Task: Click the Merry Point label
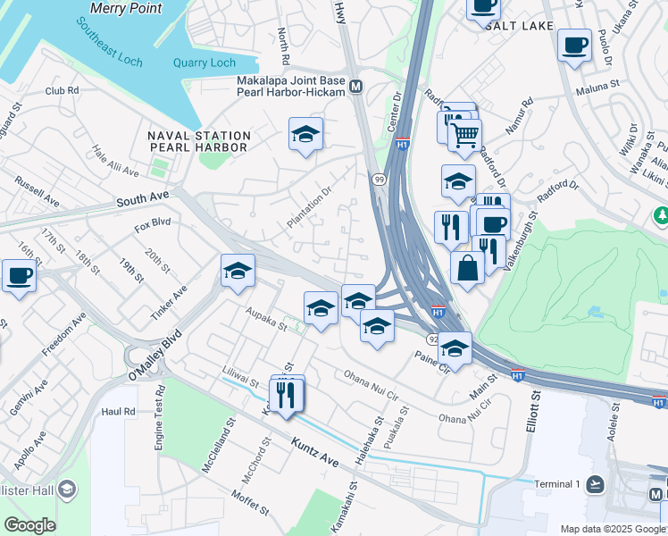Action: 127,8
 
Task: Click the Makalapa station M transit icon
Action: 356,87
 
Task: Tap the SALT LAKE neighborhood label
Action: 519,27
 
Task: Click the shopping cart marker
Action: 464,135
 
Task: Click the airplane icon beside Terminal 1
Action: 596,484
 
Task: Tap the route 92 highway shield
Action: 432,339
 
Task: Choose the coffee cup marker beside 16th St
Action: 19,274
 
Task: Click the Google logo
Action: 29,525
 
